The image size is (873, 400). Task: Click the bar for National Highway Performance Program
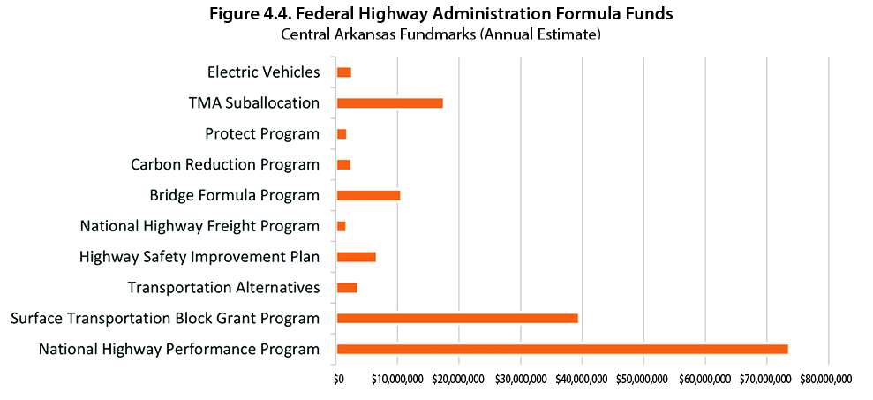pos(562,349)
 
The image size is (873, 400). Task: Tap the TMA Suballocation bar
pos(389,102)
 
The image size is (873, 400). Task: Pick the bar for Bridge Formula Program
pos(368,195)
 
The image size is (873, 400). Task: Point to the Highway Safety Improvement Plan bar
pos(356,257)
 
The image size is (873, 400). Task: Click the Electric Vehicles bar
pos(344,72)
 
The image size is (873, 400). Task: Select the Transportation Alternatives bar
pos(347,288)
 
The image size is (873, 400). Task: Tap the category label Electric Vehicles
pos(263,72)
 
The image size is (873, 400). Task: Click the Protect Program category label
pos(261,133)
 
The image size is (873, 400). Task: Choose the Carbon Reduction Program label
pos(224,164)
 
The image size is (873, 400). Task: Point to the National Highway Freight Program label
pos(199,226)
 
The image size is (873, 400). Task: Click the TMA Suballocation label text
pos(253,102)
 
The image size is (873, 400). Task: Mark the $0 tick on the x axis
pos(337,380)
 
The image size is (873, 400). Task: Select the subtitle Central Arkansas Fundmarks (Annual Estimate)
pos(440,34)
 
